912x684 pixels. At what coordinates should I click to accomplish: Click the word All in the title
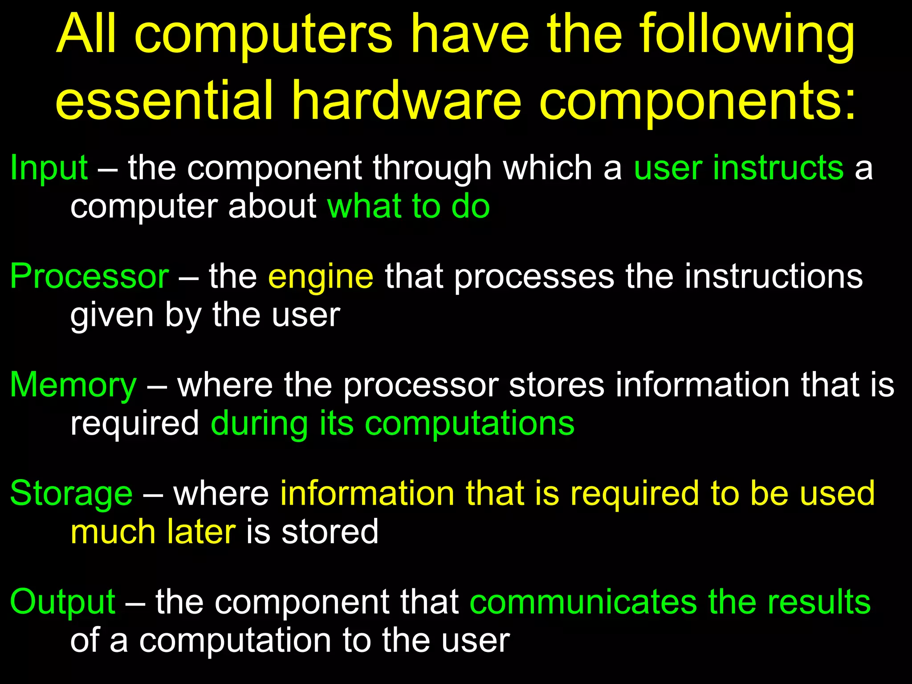pyautogui.click(x=87, y=35)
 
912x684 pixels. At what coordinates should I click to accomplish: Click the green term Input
pyautogui.click(x=49, y=168)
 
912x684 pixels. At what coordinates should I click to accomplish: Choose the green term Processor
pyautogui.click(x=89, y=277)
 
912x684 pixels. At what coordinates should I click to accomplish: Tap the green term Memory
pyautogui.click(x=73, y=385)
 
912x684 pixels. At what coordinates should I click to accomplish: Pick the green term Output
pyautogui.click(x=63, y=602)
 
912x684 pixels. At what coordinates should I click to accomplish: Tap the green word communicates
pyautogui.click(x=583, y=602)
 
